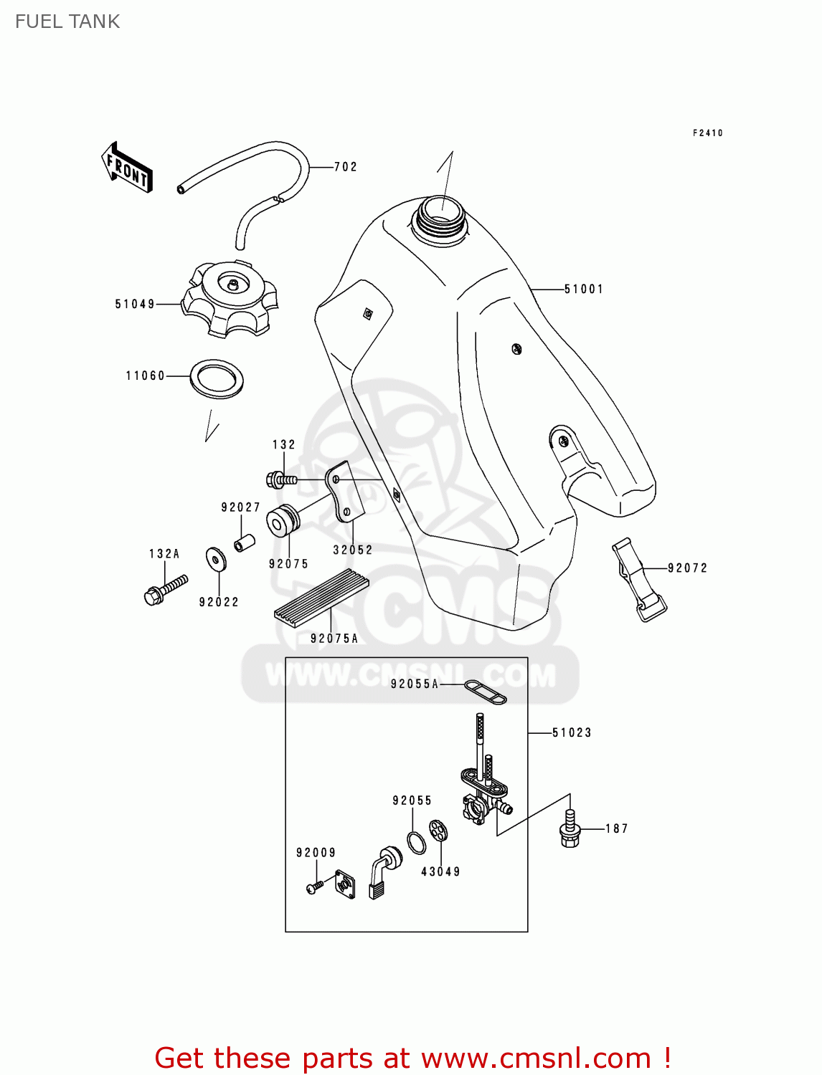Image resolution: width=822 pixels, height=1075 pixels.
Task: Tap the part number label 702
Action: pyautogui.click(x=346, y=167)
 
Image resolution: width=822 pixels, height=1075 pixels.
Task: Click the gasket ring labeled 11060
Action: pyautogui.click(x=217, y=379)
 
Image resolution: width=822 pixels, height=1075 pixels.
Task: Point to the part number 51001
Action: pyautogui.click(x=584, y=290)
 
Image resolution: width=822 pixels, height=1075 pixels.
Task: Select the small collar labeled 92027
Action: pyautogui.click(x=244, y=543)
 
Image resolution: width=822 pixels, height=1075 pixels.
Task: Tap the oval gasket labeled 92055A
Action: pyautogui.click(x=486, y=692)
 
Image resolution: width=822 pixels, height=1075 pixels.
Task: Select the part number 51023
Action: pyautogui.click(x=572, y=732)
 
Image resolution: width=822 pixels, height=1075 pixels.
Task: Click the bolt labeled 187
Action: pyautogui.click(x=570, y=829)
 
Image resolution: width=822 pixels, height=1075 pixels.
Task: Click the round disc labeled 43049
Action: pyautogui.click(x=439, y=831)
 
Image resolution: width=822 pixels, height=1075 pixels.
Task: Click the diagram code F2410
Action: pyautogui.click(x=708, y=133)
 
